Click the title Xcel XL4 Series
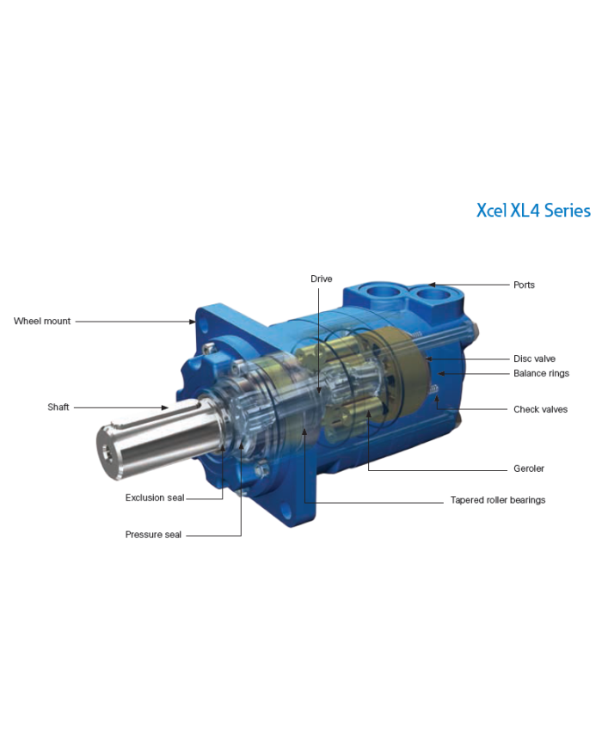(x=533, y=210)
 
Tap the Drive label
(x=321, y=279)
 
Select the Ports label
(x=524, y=285)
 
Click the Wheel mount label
(x=42, y=321)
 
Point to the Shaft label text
(x=58, y=407)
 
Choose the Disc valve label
(x=534, y=358)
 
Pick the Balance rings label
(x=541, y=373)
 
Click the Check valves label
(x=540, y=409)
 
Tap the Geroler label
(x=529, y=468)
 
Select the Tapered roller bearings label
(x=498, y=499)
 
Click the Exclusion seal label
(x=154, y=498)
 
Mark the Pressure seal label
(x=153, y=535)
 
